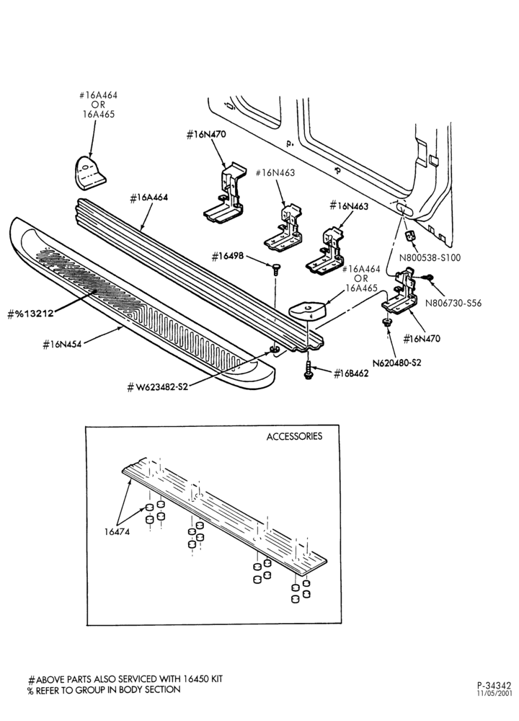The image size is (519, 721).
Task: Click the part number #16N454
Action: tap(62, 345)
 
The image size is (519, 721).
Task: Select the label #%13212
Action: tap(31, 314)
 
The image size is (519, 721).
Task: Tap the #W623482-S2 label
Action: tap(158, 387)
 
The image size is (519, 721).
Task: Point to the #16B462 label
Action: tap(351, 373)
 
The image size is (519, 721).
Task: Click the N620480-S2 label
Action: tap(396, 363)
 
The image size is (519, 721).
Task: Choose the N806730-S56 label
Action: tap(453, 303)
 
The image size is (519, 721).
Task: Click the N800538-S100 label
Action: tap(430, 257)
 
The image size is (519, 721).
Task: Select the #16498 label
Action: tap(228, 257)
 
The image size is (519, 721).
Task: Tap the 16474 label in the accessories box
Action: tap(117, 531)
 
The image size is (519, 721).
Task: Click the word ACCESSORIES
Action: tap(294, 436)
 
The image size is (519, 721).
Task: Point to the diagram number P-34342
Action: tap(494, 686)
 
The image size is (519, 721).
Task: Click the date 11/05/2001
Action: tap(494, 694)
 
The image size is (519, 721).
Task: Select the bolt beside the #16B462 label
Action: tap(308, 370)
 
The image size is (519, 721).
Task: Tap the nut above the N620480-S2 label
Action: tap(386, 323)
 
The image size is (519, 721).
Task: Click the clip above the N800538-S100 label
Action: tap(409, 236)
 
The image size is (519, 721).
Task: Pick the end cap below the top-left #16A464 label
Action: tap(89, 172)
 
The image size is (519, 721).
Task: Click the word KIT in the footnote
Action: tap(216, 679)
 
